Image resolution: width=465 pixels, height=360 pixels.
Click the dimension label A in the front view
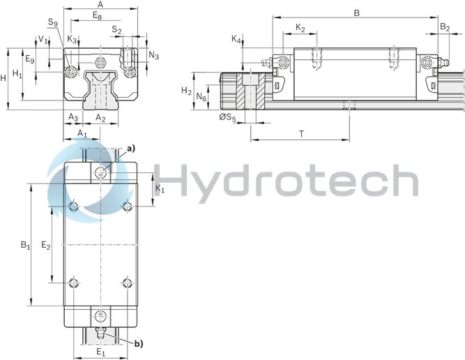click(100, 4)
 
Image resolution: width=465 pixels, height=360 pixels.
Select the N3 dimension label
click(154, 55)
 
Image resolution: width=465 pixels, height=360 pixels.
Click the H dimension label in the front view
click(4, 78)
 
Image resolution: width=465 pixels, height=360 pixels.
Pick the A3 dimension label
click(73, 117)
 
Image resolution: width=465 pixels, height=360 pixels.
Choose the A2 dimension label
click(101, 117)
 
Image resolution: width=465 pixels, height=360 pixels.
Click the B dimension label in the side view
click(358, 13)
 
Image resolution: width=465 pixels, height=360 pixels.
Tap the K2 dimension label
click(300, 28)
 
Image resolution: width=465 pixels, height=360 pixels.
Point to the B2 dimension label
click(445, 27)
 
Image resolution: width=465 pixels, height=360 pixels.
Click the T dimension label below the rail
click(301, 132)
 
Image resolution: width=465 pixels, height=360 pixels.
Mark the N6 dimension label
click(201, 96)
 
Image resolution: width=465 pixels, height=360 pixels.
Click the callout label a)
click(130, 149)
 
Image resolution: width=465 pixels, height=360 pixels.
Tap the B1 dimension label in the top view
click(25, 245)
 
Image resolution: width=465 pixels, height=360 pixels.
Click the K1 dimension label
click(160, 189)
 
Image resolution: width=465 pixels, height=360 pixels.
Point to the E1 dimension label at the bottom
click(100, 352)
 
